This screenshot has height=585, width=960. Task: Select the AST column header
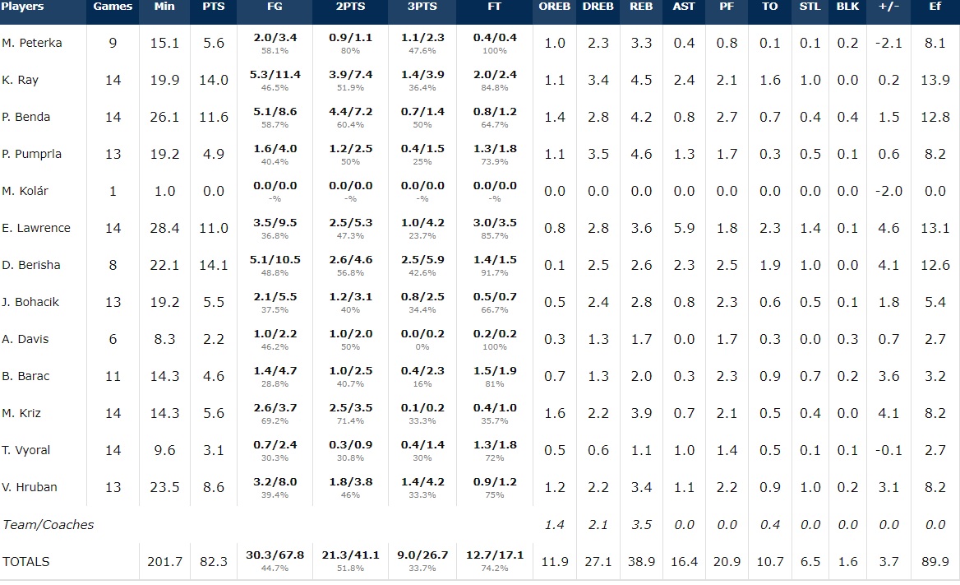(x=684, y=7)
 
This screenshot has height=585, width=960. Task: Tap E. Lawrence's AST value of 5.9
(x=684, y=228)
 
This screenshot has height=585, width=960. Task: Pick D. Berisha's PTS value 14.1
(x=214, y=265)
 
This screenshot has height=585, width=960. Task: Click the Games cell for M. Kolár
(x=113, y=191)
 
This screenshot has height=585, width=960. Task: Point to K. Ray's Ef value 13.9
(x=935, y=80)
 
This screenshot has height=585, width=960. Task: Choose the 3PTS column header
(x=422, y=7)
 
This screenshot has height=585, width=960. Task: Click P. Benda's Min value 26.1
(x=164, y=117)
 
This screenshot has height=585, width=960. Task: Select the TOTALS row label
(x=26, y=561)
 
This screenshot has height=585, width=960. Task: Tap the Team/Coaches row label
(x=48, y=524)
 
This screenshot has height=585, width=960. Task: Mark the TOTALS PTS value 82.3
(x=214, y=561)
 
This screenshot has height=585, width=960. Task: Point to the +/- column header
(x=888, y=7)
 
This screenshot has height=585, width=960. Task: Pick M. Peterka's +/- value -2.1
(x=888, y=43)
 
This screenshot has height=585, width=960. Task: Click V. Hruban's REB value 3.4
(x=641, y=487)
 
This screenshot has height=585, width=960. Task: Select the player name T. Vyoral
(x=25, y=450)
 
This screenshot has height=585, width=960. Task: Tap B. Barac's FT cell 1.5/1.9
(x=494, y=371)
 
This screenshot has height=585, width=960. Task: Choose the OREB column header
(x=555, y=7)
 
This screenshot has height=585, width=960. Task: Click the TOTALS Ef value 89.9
(x=935, y=561)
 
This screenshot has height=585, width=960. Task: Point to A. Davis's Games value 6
(x=113, y=339)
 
